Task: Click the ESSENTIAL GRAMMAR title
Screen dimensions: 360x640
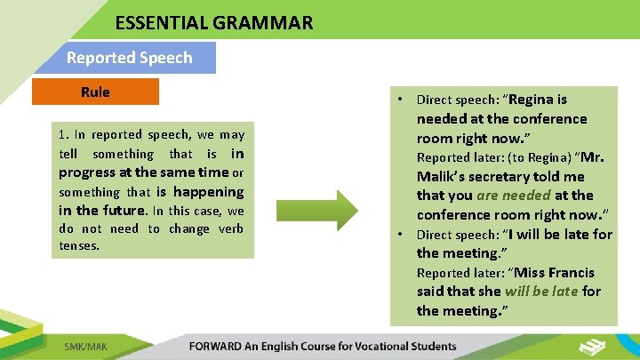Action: tap(213, 23)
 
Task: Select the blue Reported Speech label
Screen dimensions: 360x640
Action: tap(129, 58)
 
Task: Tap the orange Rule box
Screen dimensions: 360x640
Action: tap(95, 92)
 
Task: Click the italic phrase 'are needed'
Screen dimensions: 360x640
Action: tap(514, 196)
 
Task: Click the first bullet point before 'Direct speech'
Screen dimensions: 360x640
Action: tap(402, 100)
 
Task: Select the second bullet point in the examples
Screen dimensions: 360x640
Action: tap(402, 235)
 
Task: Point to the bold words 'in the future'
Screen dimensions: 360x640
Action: tap(101, 211)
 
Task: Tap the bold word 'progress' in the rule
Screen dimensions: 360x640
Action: tap(86, 172)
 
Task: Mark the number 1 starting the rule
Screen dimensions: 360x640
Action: tap(62, 135)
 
